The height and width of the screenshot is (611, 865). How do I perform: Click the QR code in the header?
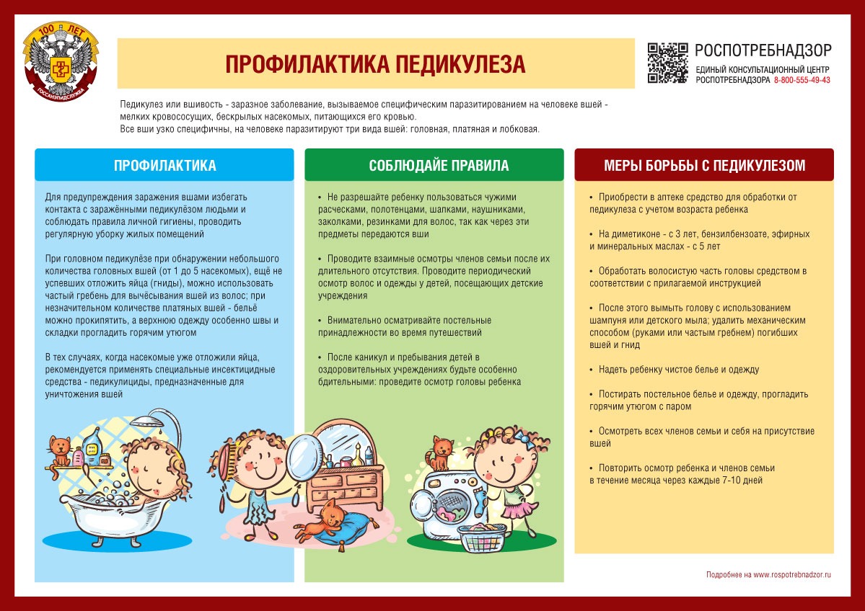click(x=667, y=63)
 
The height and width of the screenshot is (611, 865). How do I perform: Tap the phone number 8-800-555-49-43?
click(x=802, y=80)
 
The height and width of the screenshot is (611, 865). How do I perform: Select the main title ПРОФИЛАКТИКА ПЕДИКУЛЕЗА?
click(x=375, y=64)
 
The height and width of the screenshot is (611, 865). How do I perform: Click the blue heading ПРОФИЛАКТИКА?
click(x=164, y=166)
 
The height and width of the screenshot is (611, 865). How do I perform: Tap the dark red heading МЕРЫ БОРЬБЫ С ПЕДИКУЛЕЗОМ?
click(x=704, y=166)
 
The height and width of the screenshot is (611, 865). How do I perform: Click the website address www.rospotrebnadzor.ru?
click(x=792, y=575)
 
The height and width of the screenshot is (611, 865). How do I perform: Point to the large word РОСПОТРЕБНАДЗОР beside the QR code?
click(x=763, y=50)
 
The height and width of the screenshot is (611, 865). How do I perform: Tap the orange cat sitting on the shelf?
click(x=58, y=451)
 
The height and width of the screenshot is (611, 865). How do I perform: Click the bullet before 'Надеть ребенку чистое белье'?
click(x=591, y=370)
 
